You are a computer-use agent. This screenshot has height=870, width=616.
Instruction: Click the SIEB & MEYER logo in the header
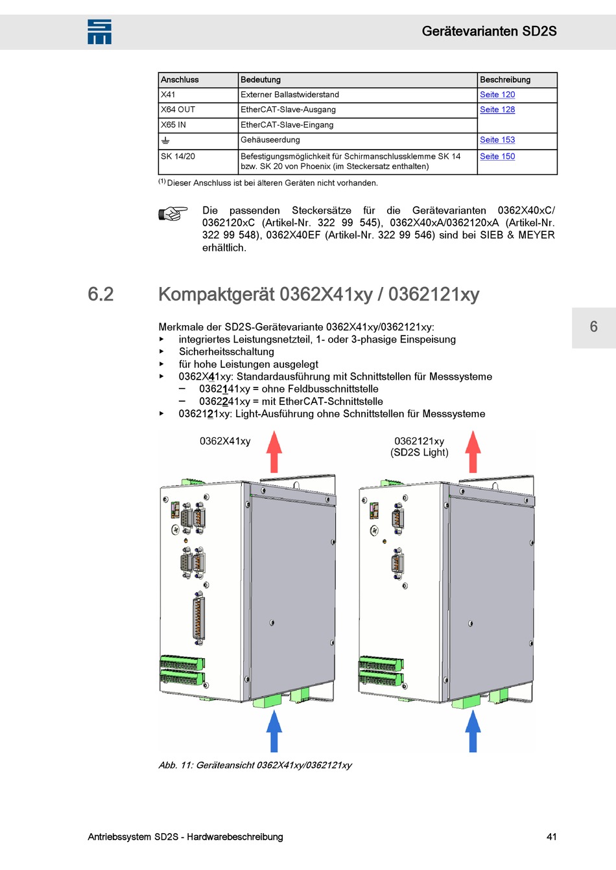(99, 32)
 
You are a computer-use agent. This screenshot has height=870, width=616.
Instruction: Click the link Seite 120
(497, 95)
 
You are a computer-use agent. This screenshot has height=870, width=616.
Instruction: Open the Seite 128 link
(497, 109)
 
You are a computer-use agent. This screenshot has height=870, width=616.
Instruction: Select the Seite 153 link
(497, 140)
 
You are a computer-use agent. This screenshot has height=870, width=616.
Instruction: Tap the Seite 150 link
(497, 156)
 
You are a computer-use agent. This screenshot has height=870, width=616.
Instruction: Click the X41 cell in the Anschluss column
(168, 95)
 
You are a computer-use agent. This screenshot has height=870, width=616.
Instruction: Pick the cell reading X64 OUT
(178, 109)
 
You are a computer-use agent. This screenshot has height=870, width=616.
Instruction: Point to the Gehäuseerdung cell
(270, 140)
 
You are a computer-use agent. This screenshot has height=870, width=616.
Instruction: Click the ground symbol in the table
(165, 141)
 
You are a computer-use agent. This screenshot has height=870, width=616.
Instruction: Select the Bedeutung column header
(261, 80)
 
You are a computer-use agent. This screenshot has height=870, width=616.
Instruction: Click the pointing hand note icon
(172, 213)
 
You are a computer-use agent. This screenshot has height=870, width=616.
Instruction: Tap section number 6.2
(101, 294)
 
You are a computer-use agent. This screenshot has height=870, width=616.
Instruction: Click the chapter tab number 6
(593, 326)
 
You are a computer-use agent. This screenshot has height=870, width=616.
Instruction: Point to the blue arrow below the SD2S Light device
(473, 730)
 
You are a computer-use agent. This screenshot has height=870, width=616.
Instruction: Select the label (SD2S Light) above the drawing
(419, 452)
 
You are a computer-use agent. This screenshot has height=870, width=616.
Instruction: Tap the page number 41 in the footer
(551, 836)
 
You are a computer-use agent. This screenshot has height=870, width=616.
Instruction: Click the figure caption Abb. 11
(255, 765)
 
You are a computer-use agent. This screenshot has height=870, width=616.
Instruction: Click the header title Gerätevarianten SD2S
(489, 31)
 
